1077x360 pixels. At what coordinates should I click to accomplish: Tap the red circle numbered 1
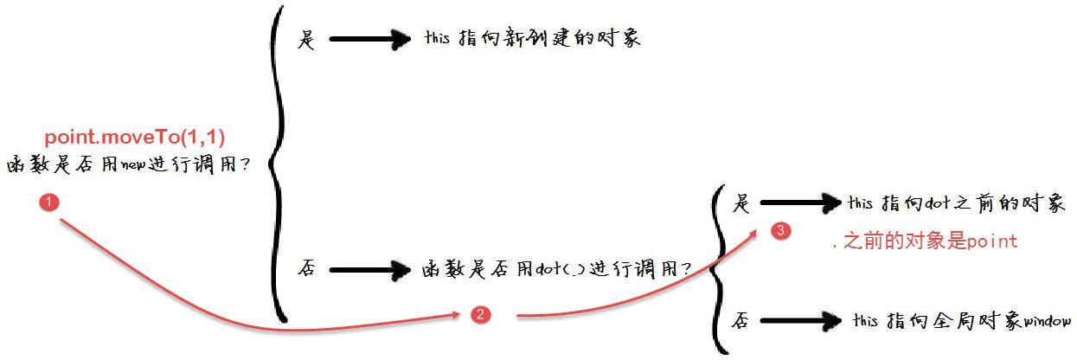[49, 202]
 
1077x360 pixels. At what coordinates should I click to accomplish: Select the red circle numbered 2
[480, 315]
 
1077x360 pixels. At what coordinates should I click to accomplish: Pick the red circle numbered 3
[781, 230]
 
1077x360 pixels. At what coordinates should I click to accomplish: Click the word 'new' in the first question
[133, 164]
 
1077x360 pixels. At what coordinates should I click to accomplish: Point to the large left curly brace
[277, 164]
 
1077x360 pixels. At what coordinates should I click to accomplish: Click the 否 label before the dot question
[307, 268]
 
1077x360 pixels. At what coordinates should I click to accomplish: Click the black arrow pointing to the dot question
[370, 269]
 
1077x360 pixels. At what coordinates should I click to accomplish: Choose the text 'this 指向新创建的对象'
[533, 37]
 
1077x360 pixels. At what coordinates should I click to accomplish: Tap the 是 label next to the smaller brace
[740, 203]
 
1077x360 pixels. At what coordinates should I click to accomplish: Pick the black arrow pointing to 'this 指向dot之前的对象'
[801, 203]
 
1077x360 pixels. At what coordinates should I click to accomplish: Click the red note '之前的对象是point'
[930, 241]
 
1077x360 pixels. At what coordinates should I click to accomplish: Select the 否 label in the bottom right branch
[740, 320]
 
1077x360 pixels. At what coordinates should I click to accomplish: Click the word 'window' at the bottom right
[1048, 320]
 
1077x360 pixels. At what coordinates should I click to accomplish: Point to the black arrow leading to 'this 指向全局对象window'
[801, 321]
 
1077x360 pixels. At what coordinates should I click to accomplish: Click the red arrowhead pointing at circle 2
[455, 315]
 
